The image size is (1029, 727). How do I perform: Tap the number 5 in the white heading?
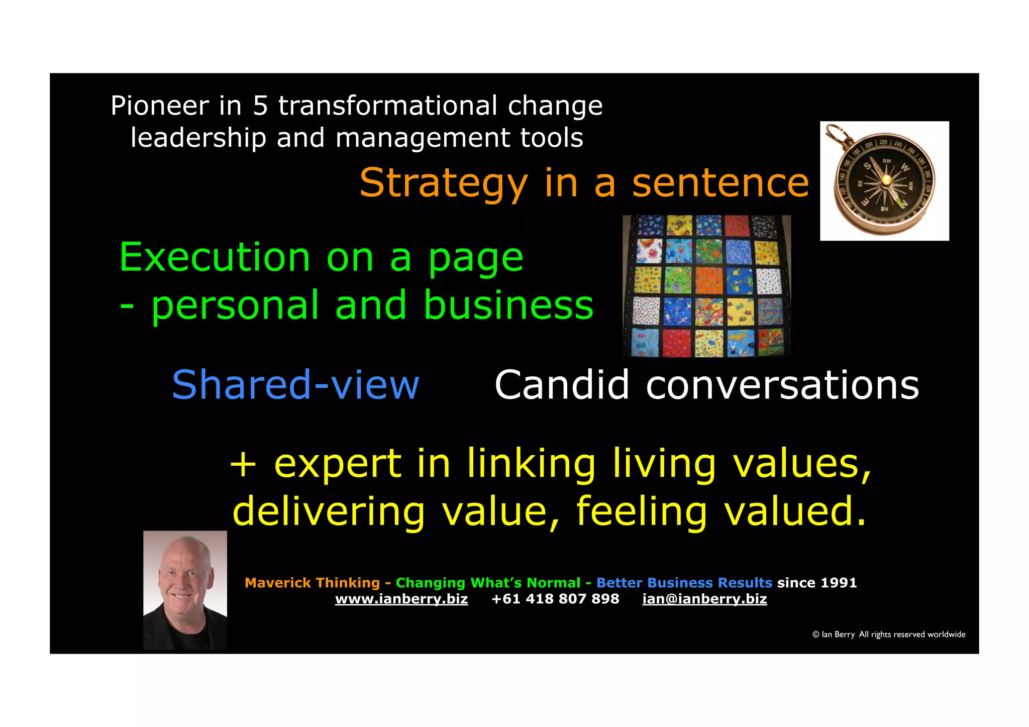[260, 106]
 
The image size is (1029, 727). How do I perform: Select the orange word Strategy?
[444, 184]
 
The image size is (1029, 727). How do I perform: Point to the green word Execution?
[215, 257]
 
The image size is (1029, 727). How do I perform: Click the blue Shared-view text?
[295, 385]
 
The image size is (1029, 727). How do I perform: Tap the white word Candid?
[562, 385]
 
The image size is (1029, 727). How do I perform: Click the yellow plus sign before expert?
[243, 463]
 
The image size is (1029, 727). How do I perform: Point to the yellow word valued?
[795, 511]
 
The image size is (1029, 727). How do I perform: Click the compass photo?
[884, 181]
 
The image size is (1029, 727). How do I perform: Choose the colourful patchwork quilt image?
[706, 286]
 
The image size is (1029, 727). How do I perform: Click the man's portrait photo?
[185, 590]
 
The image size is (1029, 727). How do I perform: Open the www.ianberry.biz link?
[401, 599]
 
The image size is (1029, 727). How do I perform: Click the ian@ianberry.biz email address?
[704, 599]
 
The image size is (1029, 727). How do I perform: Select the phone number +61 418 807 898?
[555, 599]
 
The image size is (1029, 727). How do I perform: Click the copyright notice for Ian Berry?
[888, 635]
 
